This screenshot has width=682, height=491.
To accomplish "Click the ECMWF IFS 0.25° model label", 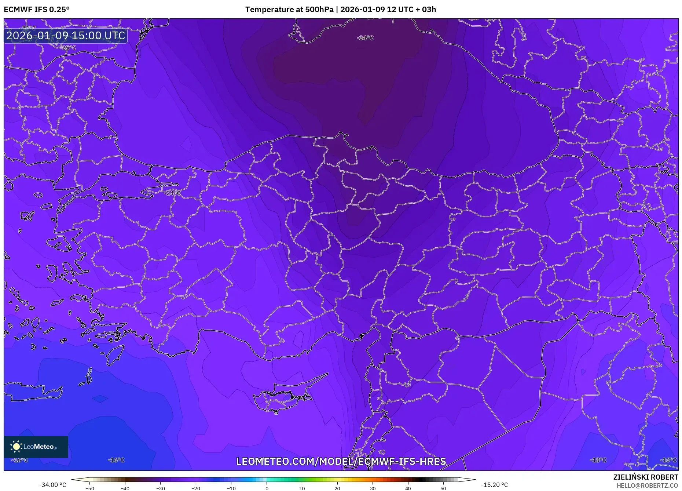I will (37, 10).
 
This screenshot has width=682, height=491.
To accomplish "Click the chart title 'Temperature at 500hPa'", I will (289, 10).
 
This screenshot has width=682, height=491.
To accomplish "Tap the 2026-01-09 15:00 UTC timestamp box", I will (66, 36).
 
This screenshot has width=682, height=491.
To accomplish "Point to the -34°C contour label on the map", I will (365, 38).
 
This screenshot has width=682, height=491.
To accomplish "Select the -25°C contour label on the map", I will (68, 48).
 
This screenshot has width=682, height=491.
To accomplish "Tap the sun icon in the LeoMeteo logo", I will (16, 446).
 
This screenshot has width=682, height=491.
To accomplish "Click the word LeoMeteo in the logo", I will (39, 447).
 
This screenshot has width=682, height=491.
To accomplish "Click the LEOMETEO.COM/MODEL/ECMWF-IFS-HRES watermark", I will (341, 461).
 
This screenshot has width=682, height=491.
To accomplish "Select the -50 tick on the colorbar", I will (90, 488).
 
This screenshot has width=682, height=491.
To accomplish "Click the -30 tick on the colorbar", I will (161, 488).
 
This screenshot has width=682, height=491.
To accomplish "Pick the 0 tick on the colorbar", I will (267, 488).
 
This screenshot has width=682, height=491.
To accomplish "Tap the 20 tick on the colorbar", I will (337, 488).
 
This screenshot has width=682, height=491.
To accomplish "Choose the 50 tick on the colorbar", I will (443, 488).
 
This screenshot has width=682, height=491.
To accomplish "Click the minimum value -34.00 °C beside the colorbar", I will (52, 485).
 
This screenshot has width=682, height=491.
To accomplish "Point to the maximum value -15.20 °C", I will (494, 485).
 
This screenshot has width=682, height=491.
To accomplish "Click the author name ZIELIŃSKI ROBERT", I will (645, 477).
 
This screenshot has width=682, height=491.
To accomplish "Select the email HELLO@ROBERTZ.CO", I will (647, 485).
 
